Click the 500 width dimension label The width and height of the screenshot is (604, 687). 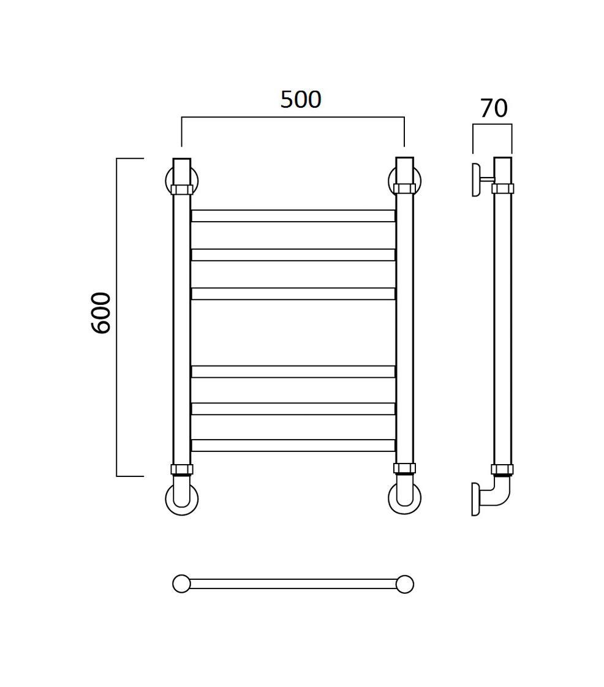[301, 99]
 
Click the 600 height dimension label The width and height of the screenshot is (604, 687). [101, 313]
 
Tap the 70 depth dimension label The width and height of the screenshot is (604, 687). [494, 108]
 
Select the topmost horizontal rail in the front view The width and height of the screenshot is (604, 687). [293, 216]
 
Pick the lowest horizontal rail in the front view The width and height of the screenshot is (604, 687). [293, 445]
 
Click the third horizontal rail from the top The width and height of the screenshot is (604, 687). [293, 293]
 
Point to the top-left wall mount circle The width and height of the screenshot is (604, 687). [167, 181]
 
